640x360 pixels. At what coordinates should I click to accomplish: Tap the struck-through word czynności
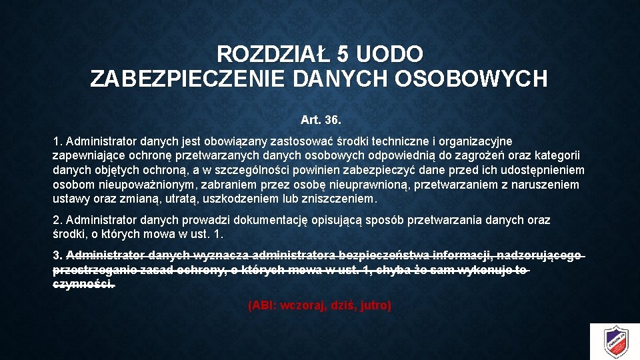click(83, 285)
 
